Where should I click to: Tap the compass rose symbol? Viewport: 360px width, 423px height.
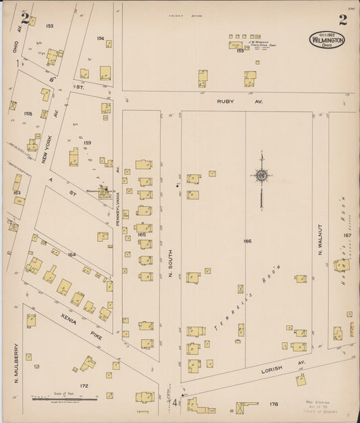261,176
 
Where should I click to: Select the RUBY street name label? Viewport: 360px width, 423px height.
225,101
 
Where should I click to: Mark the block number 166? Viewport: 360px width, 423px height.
247,241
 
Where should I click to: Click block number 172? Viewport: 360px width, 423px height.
84,386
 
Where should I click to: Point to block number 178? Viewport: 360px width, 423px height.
274,404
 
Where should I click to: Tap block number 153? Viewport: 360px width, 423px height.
49,26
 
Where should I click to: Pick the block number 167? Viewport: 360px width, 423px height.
347,235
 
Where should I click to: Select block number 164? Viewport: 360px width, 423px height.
72,254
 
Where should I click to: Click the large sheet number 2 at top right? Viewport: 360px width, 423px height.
342,19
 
